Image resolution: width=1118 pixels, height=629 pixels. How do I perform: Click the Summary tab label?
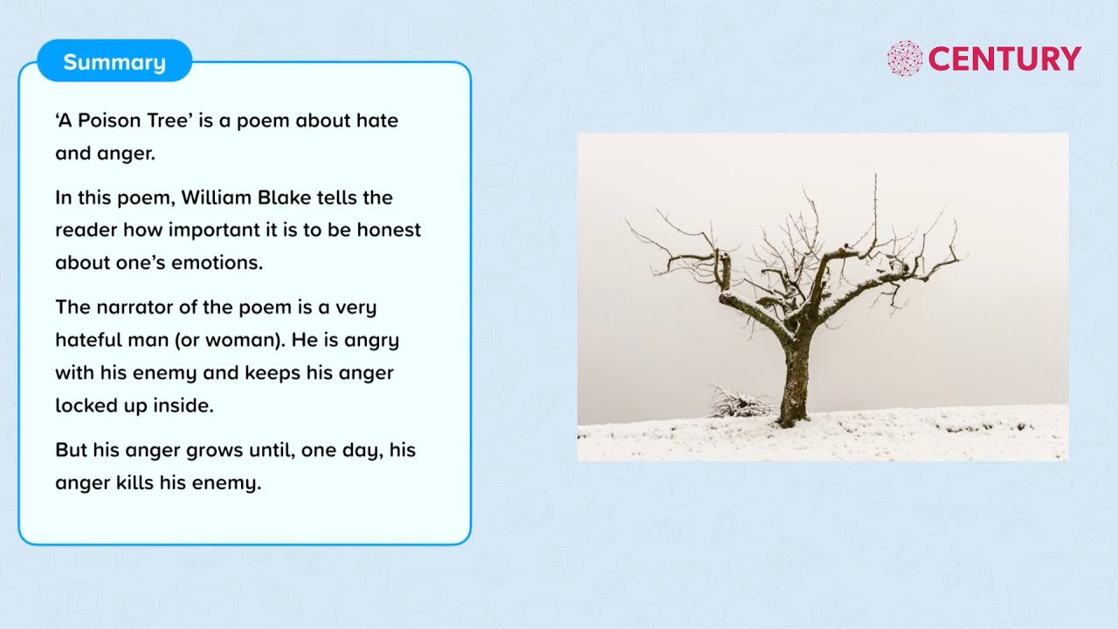click(114, 62)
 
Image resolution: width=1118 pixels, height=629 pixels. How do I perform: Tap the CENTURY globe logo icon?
click(905, 59)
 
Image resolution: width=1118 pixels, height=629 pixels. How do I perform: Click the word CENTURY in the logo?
click(1004, 59)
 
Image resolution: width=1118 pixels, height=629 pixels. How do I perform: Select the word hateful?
click(90, 340)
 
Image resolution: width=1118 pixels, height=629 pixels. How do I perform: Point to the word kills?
click(135, 482)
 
